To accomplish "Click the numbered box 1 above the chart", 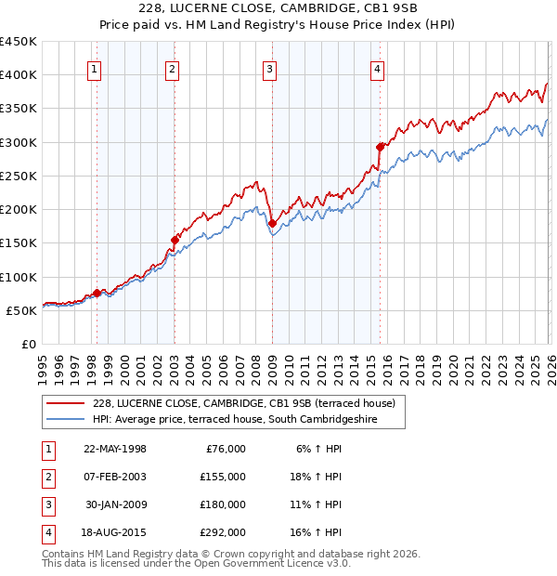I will click(96, 68).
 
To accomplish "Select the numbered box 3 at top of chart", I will click(269, 68).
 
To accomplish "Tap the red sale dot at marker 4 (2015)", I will click(380, 147).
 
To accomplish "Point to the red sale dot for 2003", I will click(175, 240).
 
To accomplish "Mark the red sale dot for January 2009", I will click(272, 223).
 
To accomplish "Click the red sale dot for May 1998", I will click(97, 293).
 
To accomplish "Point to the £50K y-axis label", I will click(21, 310).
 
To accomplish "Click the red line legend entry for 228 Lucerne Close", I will click(244, 403).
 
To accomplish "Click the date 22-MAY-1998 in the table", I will click(115, 449).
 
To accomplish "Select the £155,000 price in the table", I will click(223, 477).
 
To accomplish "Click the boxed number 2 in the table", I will click(46, 477).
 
